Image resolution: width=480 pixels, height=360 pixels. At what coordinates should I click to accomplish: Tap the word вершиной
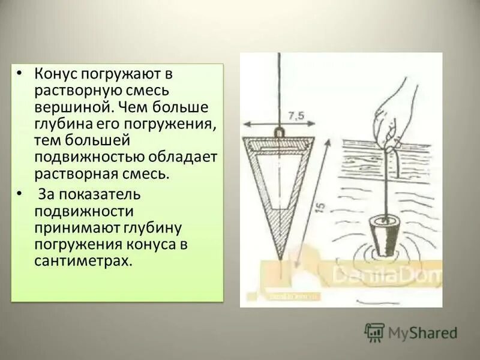tap(67, 108)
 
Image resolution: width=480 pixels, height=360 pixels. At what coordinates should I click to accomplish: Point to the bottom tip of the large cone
tap(280, 258)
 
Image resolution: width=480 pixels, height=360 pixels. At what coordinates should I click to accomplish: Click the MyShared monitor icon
tap(374, 332)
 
